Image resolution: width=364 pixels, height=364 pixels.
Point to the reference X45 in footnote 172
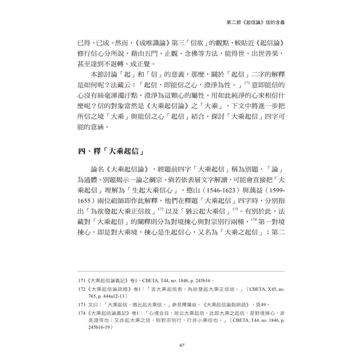[x=261, y=290]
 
